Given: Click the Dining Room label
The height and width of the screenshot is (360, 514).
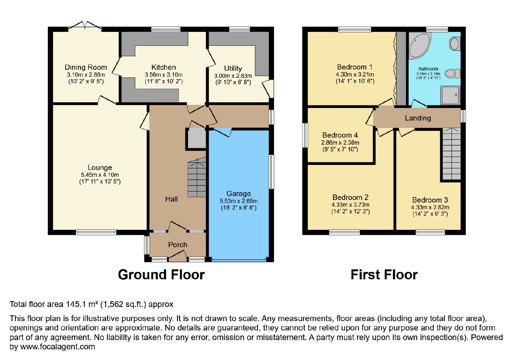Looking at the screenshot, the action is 86,67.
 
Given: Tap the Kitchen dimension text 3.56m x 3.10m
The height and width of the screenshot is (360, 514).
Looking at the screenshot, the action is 164,75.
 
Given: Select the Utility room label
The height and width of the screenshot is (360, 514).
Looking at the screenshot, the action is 233,68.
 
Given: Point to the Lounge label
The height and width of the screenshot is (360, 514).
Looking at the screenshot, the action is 100,167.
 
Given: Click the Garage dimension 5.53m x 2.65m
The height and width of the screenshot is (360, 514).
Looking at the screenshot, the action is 239,201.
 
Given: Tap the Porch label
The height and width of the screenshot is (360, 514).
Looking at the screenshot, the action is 178,245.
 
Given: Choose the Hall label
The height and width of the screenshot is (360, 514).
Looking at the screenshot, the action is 172,199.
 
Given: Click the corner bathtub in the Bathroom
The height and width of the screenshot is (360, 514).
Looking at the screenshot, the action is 419,45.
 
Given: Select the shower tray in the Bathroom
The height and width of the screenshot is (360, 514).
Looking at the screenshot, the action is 450,95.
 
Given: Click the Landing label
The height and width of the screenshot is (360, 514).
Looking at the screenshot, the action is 418,118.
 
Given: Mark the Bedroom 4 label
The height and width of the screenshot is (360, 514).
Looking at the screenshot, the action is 340,135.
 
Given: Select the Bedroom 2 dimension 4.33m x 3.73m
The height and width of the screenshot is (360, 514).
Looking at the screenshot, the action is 350,204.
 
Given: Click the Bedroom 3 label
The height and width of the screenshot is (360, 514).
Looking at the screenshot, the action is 430,200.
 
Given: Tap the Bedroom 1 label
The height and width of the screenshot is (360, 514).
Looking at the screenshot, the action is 355,67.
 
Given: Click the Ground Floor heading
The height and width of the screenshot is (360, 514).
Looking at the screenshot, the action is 161,275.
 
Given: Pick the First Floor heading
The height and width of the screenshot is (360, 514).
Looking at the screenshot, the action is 384,275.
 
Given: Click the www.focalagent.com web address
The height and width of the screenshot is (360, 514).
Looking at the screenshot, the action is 58,347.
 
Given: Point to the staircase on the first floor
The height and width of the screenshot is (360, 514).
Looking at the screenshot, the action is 451,154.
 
